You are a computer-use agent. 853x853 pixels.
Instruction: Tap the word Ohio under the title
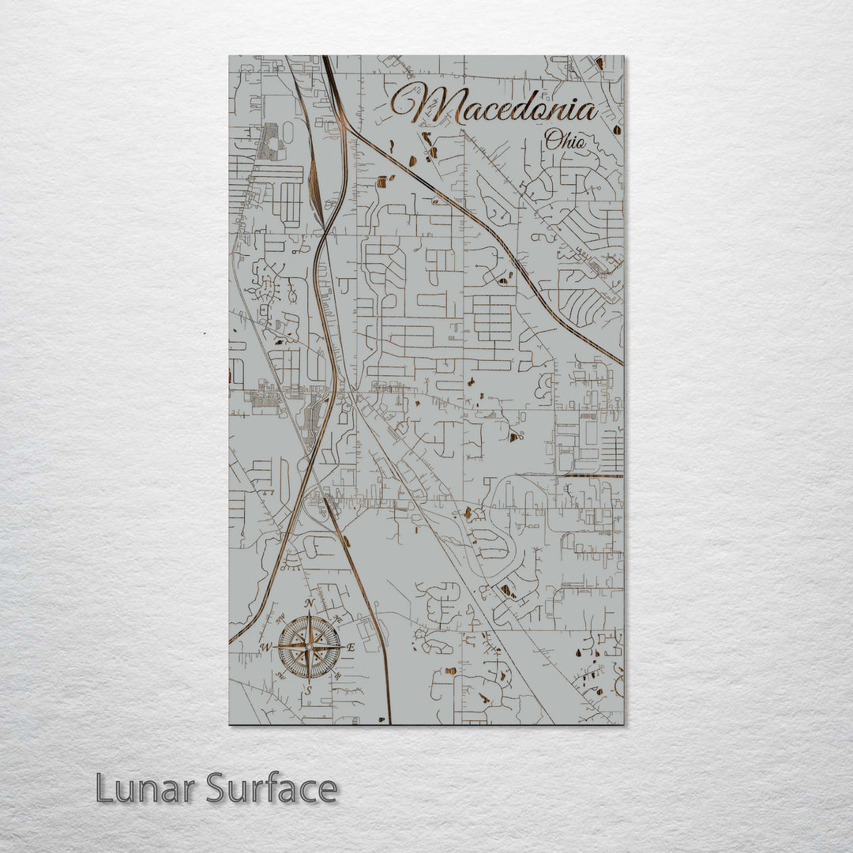click(x=566, y=142)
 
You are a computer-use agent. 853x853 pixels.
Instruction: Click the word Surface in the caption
click(x=272, y=787)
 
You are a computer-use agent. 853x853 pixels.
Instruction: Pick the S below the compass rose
click(x=309, y=690)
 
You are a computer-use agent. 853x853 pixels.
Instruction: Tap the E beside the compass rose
click(x=352, y=648)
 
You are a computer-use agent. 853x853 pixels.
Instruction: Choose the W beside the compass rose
click(x=266, y=648)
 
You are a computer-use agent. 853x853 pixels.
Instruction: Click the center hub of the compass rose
click(x=310, y=647)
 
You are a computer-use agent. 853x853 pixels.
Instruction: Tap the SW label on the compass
click(x=280, y=677)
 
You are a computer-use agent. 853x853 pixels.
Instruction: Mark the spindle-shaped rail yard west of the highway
click(x=316, y=190)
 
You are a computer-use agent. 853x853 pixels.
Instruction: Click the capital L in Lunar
click(x=105, y=787)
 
